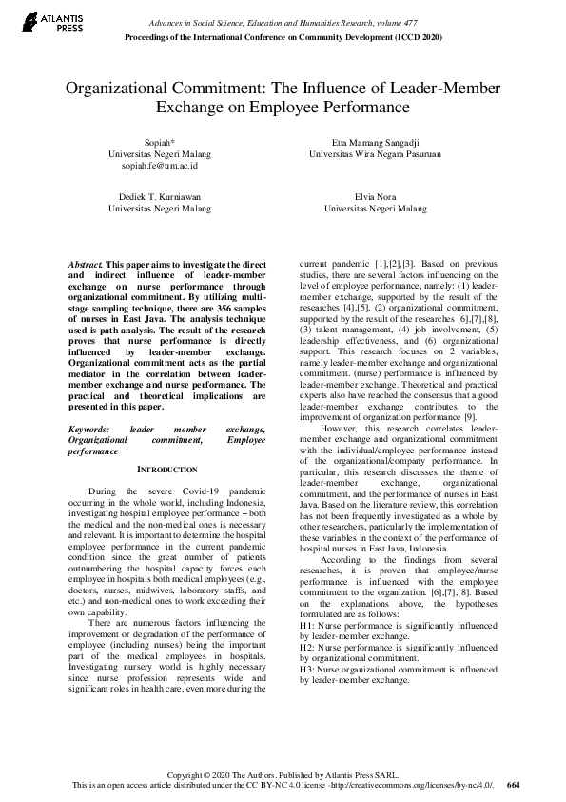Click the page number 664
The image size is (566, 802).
click(514, 785)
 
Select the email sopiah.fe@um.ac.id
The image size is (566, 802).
click(159, 166)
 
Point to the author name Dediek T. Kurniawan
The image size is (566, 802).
click(159, 195)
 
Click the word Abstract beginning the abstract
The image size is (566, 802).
click(87, 262)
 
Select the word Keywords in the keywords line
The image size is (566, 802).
click(90, 430)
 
